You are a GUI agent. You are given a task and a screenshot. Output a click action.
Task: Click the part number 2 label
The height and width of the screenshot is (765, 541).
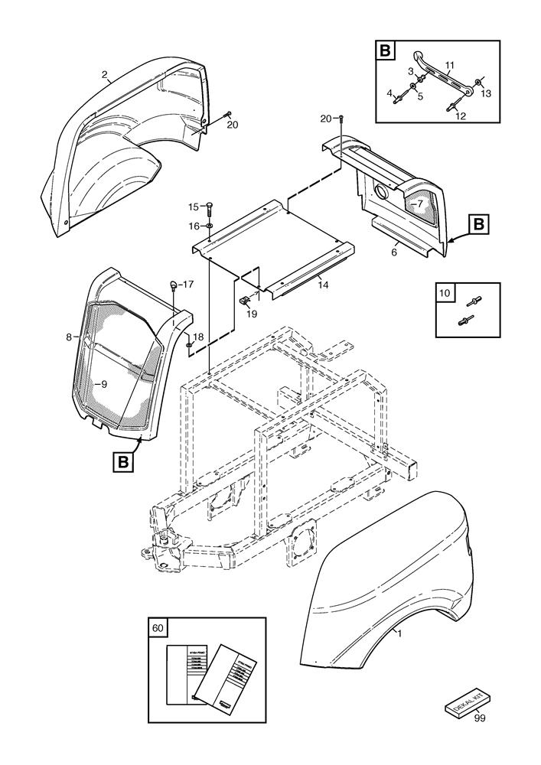[105, 75]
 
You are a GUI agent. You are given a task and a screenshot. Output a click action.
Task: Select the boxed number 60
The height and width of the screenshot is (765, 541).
[158, 628]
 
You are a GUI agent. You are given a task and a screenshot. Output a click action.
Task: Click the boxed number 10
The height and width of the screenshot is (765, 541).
[445, 292]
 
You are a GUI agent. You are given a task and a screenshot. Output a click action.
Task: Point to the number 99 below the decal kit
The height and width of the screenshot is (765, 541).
[478, 718]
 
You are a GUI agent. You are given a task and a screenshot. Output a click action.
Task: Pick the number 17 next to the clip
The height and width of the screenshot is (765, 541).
[188, 285]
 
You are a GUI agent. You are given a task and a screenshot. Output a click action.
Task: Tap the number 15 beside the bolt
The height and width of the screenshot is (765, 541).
[194, 207]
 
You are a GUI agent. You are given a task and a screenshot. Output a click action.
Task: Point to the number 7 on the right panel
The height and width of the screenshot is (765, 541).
[420, 204]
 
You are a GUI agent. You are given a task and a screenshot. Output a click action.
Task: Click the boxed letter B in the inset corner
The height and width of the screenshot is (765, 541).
[384, 51]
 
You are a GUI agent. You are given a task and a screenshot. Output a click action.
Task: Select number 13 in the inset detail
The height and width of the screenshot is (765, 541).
[487, 94]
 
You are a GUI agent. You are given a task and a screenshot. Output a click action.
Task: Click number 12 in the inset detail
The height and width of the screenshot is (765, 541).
[461, 116]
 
